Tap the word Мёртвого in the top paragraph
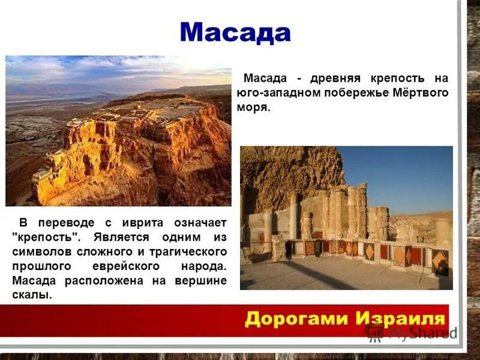point(421,93)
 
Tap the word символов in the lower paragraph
point(37,251)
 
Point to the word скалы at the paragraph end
point(31,295)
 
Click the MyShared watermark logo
point(412,332)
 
